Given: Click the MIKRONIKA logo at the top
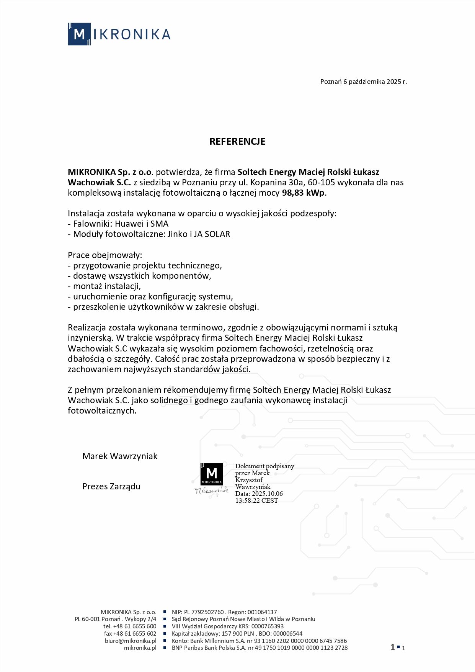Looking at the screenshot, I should [x=119, y=34].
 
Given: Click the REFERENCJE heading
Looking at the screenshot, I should [x=237, y=141].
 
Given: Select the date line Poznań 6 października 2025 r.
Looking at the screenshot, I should [x=363, y=82].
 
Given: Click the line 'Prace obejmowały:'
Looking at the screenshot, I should [x=105, y=255].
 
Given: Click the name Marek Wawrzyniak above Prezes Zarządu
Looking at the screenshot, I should [x=120, y=456].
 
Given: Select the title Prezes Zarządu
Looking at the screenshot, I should [x=111, y=486].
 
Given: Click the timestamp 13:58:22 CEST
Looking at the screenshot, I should [x=256, y=500].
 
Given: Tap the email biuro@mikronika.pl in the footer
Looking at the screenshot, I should [x=131, y=641].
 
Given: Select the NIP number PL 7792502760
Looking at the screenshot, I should [x=204, y=612].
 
